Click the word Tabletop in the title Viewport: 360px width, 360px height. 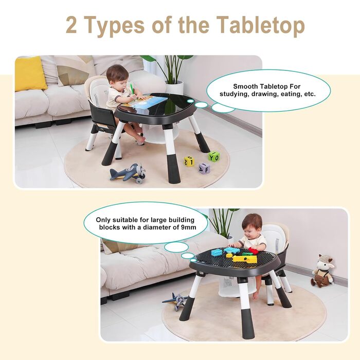[260, 26]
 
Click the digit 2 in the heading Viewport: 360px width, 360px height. [71, 25]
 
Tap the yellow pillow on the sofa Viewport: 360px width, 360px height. [30, 73]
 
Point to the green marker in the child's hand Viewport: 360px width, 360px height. [132, 89]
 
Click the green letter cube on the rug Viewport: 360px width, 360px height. [214, 156]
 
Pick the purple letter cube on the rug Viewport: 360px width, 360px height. [204, 168]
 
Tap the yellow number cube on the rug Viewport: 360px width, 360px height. [189, 161]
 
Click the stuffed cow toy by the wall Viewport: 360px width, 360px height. [322, 271]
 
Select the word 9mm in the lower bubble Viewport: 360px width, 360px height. [188, 227]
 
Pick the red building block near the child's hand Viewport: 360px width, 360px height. [253, 251]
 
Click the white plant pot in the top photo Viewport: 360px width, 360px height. [174, 87]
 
